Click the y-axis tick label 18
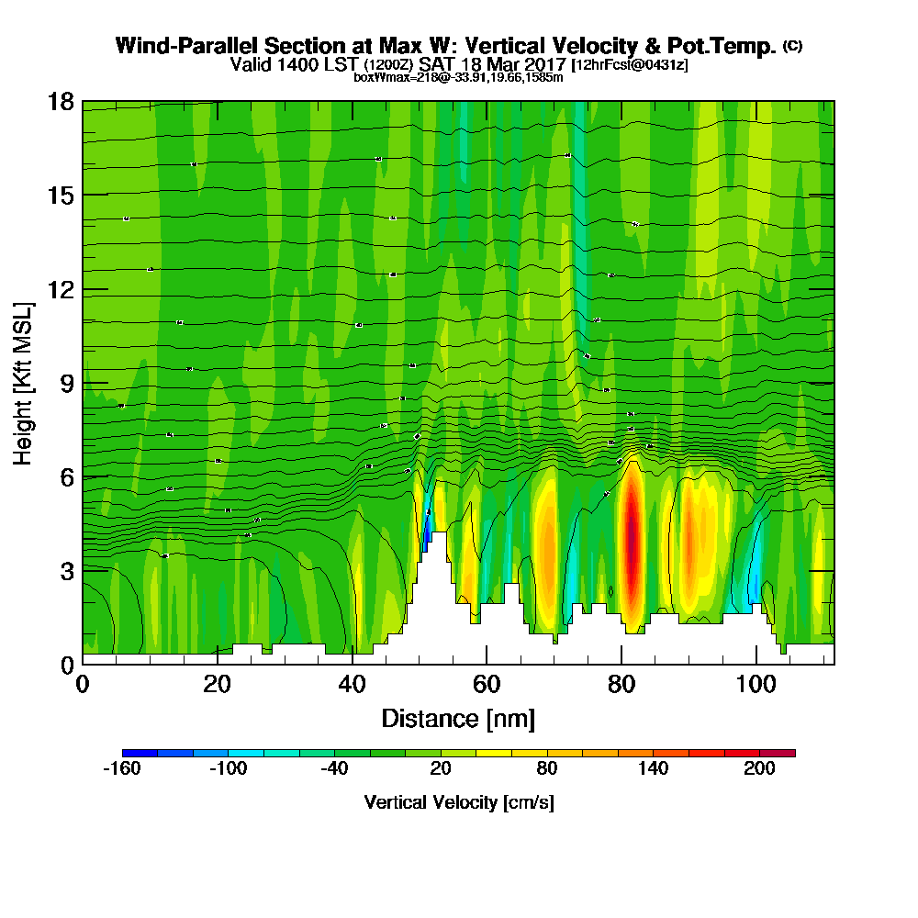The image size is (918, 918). click(61, 101)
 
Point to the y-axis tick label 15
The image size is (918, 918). click(61, 196)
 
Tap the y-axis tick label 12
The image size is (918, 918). click(61, 289)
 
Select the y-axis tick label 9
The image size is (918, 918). click(66, 384)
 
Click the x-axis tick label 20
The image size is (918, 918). click(217, 684)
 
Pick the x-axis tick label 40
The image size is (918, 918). click(352, 684)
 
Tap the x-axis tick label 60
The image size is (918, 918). click(487, 684)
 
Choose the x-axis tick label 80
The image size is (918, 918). click(621, 684)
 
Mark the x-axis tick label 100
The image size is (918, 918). click(756, 684)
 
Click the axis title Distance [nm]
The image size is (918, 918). click(458, 718)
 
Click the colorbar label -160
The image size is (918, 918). click(122, 769)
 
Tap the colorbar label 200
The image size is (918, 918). click(759, 769)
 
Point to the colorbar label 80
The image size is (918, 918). click(547, 769)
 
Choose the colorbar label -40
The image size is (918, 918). click(334, 769)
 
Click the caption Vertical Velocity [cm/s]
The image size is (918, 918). click(458, 802)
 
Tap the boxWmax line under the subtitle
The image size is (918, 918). click(458, 77)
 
